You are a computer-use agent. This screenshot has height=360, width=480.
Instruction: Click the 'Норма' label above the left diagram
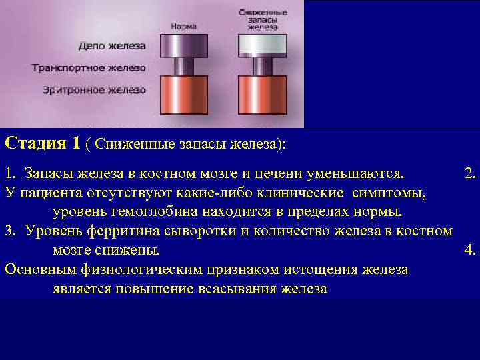[x=183, y=27]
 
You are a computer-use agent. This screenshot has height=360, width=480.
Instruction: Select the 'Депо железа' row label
[x=112, y=46]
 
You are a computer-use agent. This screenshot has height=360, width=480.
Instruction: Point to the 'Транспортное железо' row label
[x=89, y=67]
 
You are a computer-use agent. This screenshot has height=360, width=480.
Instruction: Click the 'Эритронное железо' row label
[x=94, y=89]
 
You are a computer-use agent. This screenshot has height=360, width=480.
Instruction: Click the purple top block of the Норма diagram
[x=183, y=45]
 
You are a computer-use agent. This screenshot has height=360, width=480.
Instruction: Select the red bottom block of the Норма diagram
[x=183, y=96]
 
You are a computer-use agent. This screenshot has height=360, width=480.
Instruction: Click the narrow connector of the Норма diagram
[x=183, y=67]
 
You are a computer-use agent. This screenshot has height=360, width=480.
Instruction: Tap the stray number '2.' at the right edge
[x=471, y=174]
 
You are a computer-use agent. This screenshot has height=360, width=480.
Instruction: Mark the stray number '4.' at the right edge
[x=471, y=251]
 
